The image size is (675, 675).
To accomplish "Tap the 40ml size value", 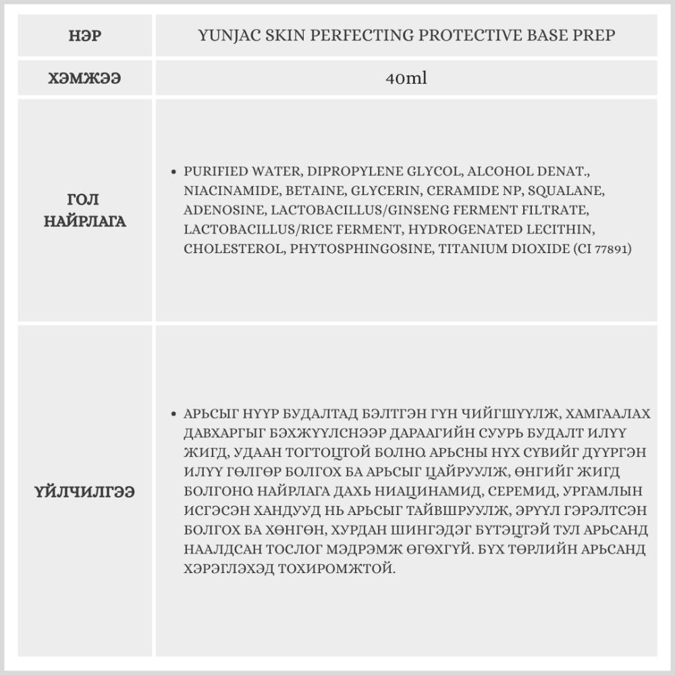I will tap(406, 78).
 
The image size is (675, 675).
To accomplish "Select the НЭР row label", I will tap(85, 36).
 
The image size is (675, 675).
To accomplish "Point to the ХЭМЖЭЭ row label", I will tap(85, 78).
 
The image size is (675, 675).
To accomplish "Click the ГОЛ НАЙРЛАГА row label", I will tap(85, 211).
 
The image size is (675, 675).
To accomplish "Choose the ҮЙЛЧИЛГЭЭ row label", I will tap(85, 492).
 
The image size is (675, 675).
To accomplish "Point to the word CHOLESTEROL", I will tap(234, 249).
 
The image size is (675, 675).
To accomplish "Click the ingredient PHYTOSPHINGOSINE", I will tap(361, 249).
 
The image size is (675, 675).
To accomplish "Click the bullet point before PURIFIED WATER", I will tap(175, 172).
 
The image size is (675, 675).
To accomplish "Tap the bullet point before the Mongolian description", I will tap(175, 414).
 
